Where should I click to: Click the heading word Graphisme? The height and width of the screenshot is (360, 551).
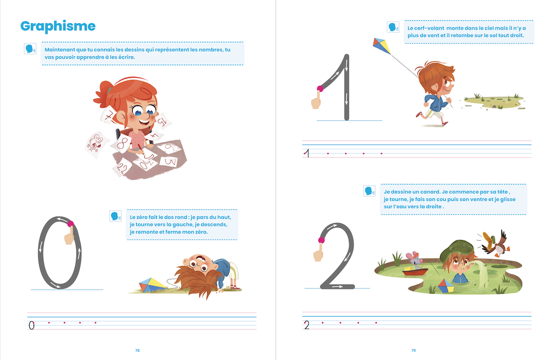coord(58,27)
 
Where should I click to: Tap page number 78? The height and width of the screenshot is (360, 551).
coord(137,350)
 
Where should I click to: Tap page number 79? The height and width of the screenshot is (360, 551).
coord(414,350)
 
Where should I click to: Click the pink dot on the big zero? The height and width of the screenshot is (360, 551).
coord(70,224)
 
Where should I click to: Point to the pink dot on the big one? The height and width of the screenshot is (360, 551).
coord(320,89)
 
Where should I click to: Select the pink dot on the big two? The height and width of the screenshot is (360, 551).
coord(321,240)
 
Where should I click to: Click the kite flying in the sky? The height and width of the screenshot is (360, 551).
coord(382,46)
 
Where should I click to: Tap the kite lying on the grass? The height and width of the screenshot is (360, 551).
coord(152,285)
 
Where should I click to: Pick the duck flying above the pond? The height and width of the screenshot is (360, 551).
coord(495,243)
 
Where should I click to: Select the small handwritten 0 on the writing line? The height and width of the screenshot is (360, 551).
coord(32,325)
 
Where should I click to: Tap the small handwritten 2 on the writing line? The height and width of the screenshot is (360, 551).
coord(307,325)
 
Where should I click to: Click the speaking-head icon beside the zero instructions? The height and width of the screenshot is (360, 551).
coord(115,216)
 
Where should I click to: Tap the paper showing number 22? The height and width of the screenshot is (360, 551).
coord(122,168)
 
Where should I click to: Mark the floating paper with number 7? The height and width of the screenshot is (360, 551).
coord(109,116)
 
